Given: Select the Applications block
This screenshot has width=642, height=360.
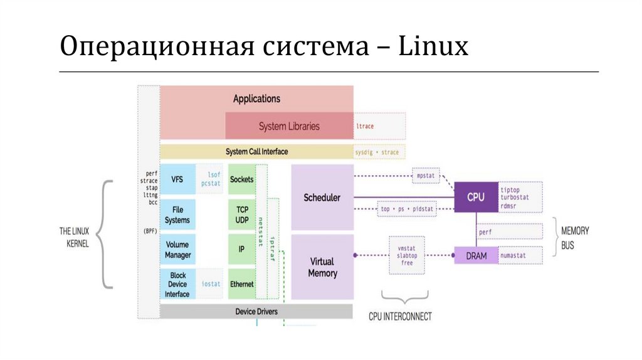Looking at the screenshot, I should pyautogui.click(x=256, y=98).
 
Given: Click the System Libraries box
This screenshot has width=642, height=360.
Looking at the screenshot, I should pyautogui.click(x=289, y=126).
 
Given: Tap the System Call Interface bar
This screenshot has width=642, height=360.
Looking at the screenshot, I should pyautogui.click(x=256, y=152).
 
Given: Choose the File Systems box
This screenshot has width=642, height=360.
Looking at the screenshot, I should pyautogui.click(x=177, y=215).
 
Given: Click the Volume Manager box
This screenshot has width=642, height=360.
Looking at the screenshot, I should pyautogui.click(x=177, y=250).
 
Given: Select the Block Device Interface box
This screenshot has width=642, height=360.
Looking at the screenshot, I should pyautogui.click(x=177, y=285).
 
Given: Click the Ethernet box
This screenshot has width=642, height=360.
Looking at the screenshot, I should pyautogui.click(x=242, y=284).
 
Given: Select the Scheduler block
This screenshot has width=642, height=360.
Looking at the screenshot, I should pyautogui.click(x=322, y=198).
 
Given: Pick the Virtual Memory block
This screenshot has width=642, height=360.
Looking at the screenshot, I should pyautogui.click(x=322, y=267).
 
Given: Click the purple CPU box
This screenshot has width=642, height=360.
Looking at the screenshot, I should pyautogui.click(x=476, y=197).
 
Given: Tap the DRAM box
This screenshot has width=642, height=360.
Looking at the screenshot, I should pyautogui.click(x=476, y=256).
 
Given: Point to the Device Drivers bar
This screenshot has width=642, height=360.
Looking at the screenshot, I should pyautogui.click(x=256, y=311).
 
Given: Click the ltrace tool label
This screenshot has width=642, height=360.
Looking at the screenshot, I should pyautogui.click(x=365, y=126).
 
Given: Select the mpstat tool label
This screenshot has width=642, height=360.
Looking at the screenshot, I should pyautogui.click(x=426, y=176).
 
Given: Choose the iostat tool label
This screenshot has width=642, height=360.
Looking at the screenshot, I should pyautogui.click(x=211, y=284).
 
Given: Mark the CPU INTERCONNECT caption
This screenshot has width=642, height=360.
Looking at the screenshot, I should pyautogui.click(x=400, y=317).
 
